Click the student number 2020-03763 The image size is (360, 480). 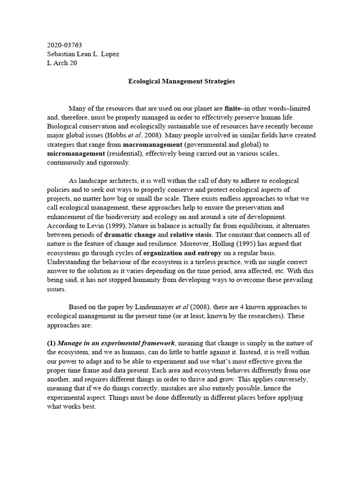64,45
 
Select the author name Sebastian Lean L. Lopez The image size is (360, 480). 83,54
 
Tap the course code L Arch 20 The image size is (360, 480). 62,63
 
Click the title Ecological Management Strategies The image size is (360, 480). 181,81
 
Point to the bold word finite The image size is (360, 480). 232,108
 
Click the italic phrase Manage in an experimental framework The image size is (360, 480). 116,343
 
